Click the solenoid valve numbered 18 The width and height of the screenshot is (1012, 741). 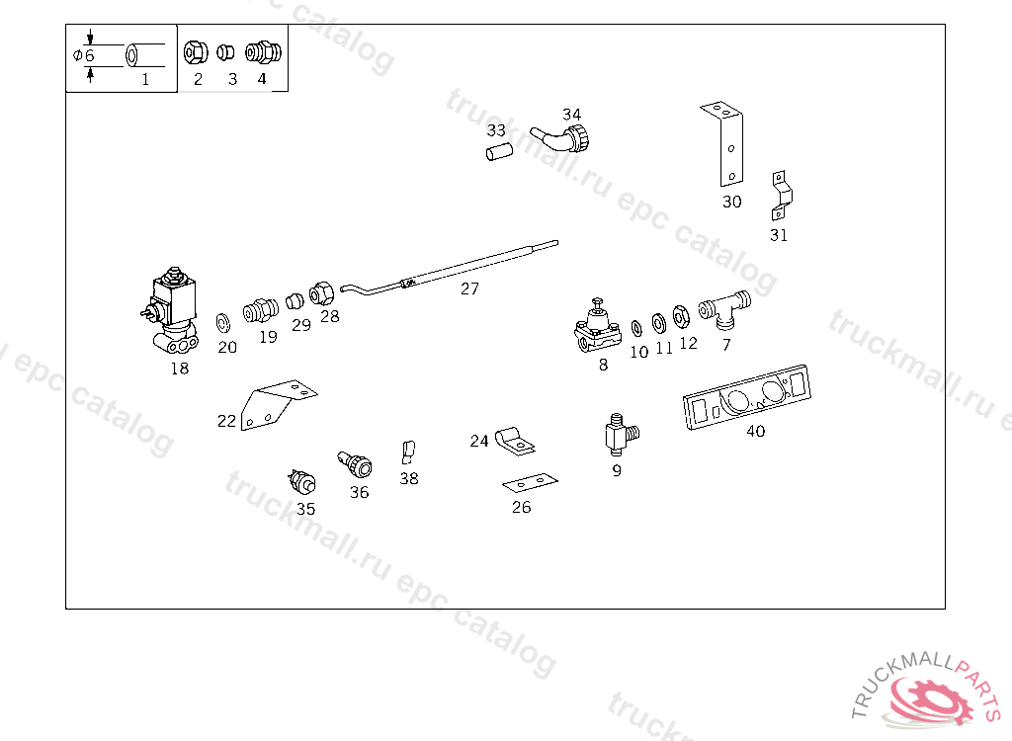pyautogui.click(x=170, y=311)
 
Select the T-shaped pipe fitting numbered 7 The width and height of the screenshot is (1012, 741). pyautogui.click(x=724, y=309)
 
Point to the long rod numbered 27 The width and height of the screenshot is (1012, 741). pyautogui.click(x=450, y=268)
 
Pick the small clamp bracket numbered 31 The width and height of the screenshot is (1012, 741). pyautogui.click(x=781, y=197)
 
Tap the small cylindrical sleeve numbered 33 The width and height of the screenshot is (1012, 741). pyautogui.click(x=499, y=152)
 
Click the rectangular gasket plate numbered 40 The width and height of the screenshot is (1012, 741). pyautogui.click(x=747, y=396)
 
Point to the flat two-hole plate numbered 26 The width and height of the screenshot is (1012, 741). pyautogui.click(x=530, y=482)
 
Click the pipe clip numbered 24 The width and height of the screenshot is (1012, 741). pyautogui.click(x=515, y=440)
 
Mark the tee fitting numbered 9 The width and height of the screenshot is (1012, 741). pyautogui.click(x=621, y=435)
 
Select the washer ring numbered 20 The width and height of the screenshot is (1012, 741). pyautogui.click(x=223, y=322)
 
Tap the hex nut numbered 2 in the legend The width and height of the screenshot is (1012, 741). pyautogui.click(x=195, y=52)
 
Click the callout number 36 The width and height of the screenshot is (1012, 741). pyautogui.click(x=360, y=492)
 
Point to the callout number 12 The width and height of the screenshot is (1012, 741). pyautogui.click(x=688, y=344)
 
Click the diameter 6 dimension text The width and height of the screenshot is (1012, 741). pyautogui.click(x=84, y=55)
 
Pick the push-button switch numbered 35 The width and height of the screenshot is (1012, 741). pyautogui.click(x=302, y=481)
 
